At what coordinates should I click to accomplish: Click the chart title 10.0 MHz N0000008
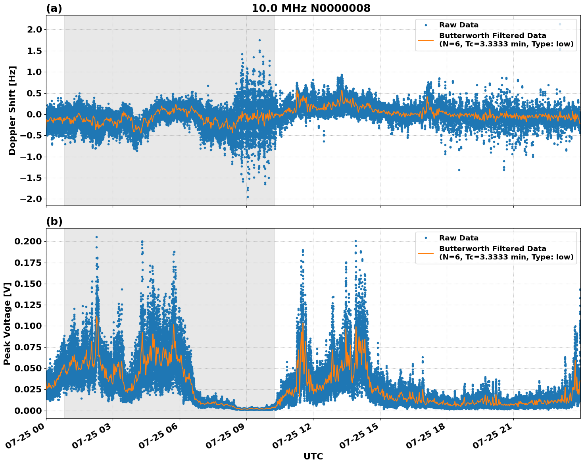pyautogui.click(x=311, y=8)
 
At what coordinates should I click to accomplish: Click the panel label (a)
pyautogui.click(x=54, y=8)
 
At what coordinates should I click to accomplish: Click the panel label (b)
pyautogui.click(x=54, y=221)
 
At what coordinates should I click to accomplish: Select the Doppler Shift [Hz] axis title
pyautogui.click(x=12, y=110)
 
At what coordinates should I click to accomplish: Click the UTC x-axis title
pyautogui.click(x=313, y=456)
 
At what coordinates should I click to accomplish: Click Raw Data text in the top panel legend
pyautogui.click(x=459, y=25)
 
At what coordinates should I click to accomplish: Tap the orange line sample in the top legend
pyautogui.click(x=426, y=40)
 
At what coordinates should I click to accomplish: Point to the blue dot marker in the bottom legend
pyautogui.click(x=426, y=238)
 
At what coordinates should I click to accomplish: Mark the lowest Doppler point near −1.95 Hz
pyautogui.click(x=248, y=197)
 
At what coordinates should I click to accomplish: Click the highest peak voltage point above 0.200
pyautogui.click(x=96, y=237)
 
